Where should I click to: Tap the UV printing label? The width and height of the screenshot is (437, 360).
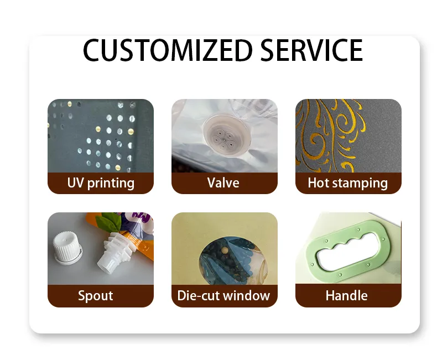pos(100,183)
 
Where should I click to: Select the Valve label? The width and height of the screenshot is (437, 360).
pos(223,183)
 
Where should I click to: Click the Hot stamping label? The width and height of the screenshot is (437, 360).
pos(348,183)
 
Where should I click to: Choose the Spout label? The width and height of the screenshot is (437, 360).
pos(95,296)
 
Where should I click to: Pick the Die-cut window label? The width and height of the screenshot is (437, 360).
pos(223,296)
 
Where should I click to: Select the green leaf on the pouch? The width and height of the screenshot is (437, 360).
pos(109,223)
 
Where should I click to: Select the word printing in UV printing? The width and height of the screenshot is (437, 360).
pos(111,183)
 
